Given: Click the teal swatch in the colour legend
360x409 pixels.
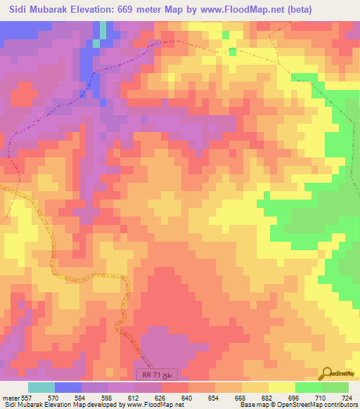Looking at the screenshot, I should click(x=41, y=388).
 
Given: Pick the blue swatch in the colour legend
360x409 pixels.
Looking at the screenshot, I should click(x=68, y=388).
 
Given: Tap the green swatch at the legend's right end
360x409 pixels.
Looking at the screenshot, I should click(x=335, y=388).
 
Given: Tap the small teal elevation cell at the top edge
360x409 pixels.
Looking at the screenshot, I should click(x=103, y=30).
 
